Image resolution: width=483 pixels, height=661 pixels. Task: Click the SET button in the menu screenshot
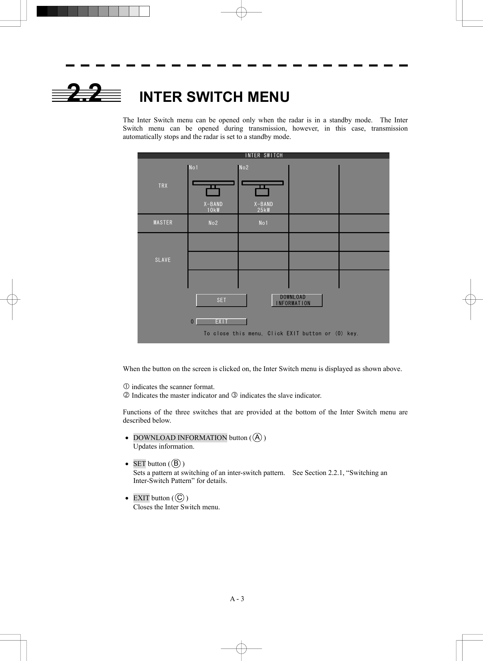221,300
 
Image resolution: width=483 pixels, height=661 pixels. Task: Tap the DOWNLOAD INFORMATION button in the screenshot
297,300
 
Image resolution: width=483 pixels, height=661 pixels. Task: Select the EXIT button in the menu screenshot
221,322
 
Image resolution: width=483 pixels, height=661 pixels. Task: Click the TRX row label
163,186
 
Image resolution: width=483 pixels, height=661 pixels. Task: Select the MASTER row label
163,223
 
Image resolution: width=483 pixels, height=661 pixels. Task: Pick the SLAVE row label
163,260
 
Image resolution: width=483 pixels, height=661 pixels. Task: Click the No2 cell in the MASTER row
213,223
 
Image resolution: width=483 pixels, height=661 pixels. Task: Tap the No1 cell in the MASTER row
263,223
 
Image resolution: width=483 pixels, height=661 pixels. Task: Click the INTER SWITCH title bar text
264,156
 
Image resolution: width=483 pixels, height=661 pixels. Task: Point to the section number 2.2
85,93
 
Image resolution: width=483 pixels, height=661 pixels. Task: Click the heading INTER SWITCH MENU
214,97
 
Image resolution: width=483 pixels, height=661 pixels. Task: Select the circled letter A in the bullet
257,438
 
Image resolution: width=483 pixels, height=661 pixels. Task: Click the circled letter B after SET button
176,464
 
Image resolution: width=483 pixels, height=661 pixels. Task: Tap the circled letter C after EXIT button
179,498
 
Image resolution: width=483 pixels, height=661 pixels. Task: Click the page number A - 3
237,599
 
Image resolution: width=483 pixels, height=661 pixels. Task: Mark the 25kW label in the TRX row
263,210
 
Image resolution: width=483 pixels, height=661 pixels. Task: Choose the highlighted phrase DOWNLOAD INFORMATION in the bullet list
180,438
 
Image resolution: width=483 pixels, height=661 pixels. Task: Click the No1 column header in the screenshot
194,168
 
